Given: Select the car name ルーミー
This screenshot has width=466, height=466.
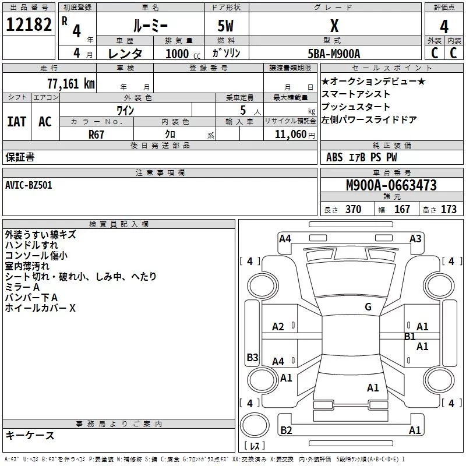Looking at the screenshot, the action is point(150,26).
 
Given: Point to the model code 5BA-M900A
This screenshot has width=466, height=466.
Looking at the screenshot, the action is point(334,54).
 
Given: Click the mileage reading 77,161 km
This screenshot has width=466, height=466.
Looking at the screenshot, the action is point(70,83).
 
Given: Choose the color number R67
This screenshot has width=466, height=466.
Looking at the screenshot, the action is point(97,134).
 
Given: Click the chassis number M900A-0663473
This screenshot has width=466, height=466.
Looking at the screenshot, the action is point(391,185).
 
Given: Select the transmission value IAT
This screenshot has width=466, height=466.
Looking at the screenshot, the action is point(16,121).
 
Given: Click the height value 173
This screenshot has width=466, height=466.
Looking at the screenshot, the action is point(449,209).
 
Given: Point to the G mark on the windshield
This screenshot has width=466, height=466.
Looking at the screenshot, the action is point(368,307).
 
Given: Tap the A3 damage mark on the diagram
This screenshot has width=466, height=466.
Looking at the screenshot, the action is point(415,238).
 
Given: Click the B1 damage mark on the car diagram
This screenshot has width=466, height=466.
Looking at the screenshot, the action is point(409,336).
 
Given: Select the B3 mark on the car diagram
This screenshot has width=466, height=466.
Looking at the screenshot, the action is point(252,358).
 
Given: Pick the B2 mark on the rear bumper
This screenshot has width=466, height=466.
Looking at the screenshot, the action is point(286,430).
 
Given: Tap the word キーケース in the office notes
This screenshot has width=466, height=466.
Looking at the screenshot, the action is point(30,436).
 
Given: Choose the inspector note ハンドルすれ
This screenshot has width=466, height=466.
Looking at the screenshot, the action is point(31,245).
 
